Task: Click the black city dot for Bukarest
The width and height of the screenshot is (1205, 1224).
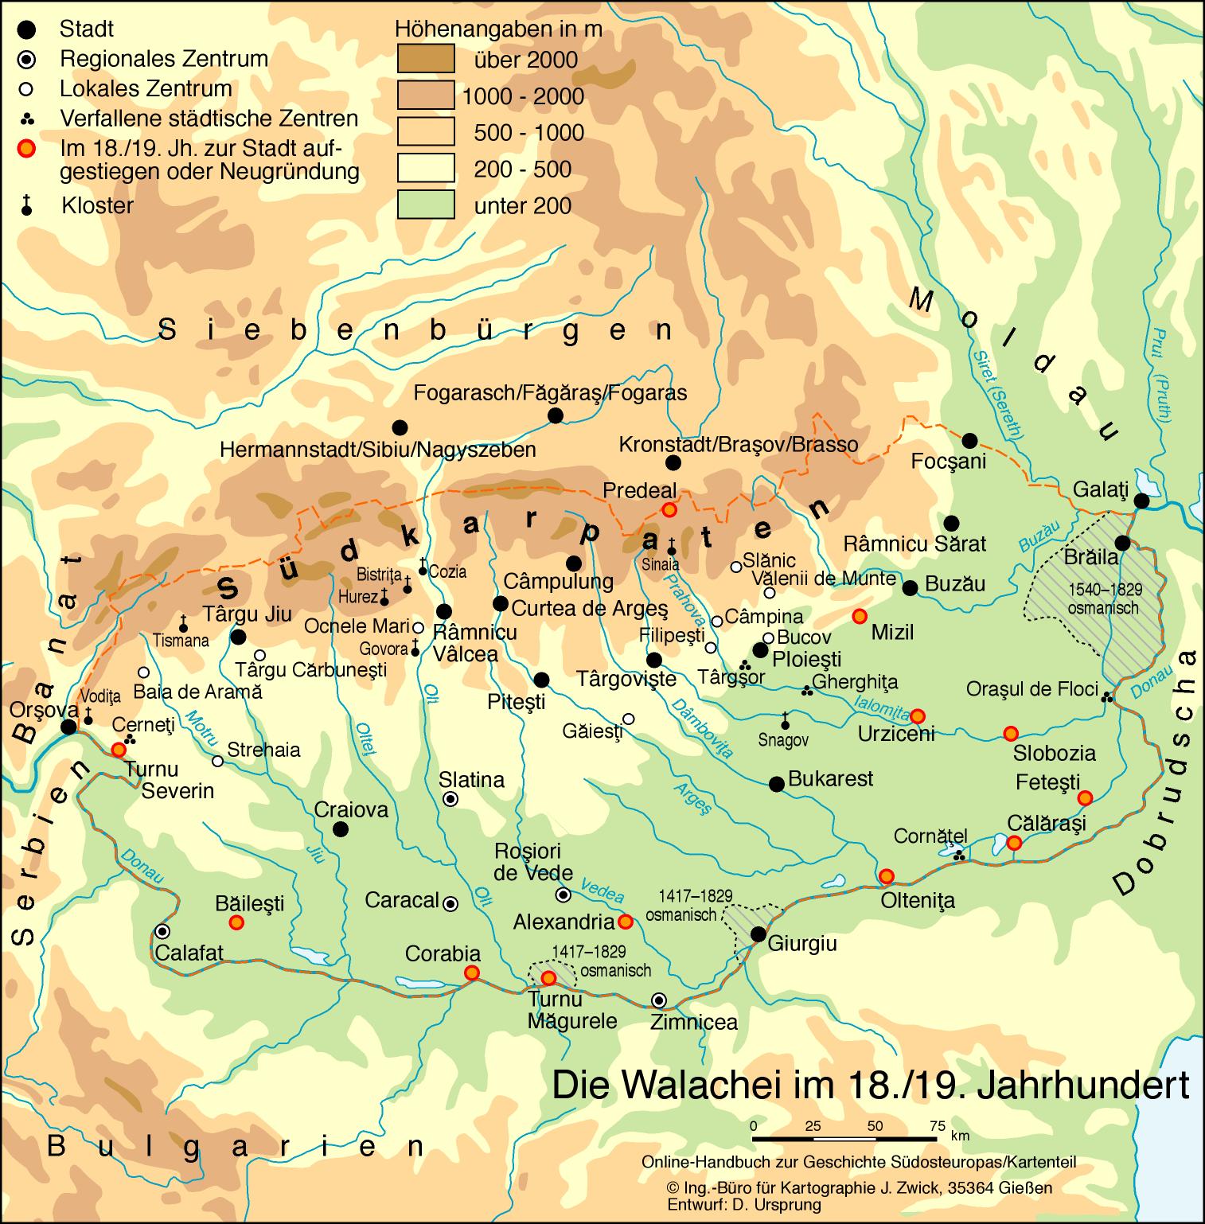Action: (776, 784)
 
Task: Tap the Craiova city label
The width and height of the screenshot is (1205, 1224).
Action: (351, 810)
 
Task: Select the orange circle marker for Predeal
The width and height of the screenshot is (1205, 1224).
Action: (669, 509)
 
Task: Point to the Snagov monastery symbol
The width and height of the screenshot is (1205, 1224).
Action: (785, 722)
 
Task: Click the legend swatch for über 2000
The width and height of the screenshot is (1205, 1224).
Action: (426, 59)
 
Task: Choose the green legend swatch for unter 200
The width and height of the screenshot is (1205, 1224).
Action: (426, 205)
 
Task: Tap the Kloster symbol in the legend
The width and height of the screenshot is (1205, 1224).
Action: (28, 206)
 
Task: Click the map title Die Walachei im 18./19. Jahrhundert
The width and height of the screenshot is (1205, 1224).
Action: (871, 1086)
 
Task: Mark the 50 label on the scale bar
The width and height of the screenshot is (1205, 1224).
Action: (875, 1126)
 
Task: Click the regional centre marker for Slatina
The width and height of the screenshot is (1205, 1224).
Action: (450, 800)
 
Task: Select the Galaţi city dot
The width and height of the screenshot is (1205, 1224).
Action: (1141, 501)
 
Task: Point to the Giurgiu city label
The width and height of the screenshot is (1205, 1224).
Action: (803, 944)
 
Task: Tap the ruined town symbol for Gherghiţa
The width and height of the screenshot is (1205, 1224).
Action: (806, 690)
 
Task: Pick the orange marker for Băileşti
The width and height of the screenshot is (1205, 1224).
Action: (236, 922)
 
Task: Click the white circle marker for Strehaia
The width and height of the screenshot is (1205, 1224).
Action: (217, 761)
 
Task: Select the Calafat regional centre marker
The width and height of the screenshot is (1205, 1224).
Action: (162, 931)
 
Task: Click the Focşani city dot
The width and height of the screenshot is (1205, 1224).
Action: (969, 441)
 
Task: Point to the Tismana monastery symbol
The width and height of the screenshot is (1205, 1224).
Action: (184, 625)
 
